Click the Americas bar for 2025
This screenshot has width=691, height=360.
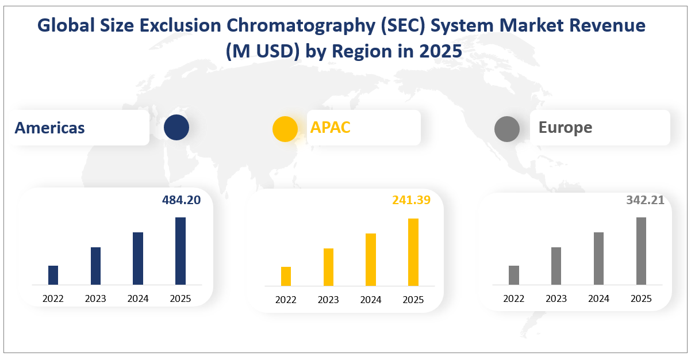[181, 251]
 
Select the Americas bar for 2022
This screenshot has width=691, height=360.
[53, 275]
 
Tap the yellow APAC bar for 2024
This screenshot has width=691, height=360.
[371, 259]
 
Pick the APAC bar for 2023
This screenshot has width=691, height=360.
[328, 267]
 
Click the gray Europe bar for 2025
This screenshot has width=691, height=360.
[641, 251]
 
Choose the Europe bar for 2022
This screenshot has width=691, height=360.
[514, 275]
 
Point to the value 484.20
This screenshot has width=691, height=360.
[180, 200]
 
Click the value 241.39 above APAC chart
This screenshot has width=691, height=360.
[411, 200]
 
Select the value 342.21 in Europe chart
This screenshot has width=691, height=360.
[645, 200]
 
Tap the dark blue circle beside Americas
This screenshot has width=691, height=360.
[176, 128]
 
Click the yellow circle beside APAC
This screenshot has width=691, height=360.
[285, 128]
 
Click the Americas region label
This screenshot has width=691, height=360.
[50, 128]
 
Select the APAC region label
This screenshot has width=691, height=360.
[331, 127]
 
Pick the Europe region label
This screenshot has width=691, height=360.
[565, 127]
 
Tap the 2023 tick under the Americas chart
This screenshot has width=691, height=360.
[95, 298]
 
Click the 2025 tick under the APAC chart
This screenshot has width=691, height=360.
[413, 300]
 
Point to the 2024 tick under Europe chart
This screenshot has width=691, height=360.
[598, 298]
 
